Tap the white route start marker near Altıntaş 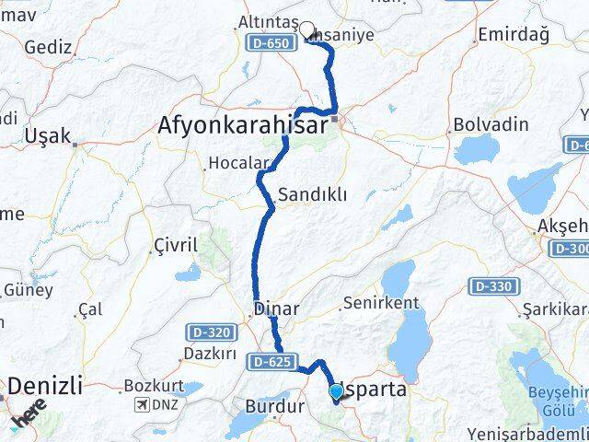click(306, 29)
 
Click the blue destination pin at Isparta click(336, 393)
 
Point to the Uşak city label click(49, 135)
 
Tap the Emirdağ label click(514, 34)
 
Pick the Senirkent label click(380, 303)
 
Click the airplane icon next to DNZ click(141, 405)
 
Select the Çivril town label click(175, 247)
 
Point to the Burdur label click(273, 405)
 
